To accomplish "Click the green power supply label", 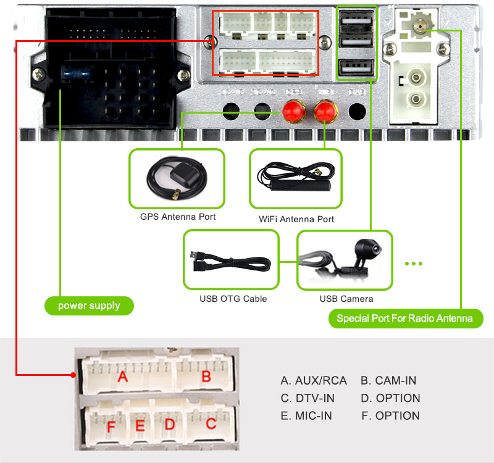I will [x=89, y=306].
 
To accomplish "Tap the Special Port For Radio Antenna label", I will [x=404, y=319].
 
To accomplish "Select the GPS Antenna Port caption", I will [x=177, y=217].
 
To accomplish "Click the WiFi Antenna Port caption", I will [x=296, y=219].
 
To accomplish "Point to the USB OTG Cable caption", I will [x=233, y=299].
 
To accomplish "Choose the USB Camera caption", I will [x=346, y=299].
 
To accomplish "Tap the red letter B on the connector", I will [x=206, y=375].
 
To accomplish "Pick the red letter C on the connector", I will [x=211, y=423].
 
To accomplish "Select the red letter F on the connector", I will [x=111, y=426].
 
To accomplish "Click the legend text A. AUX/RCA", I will [x=313, y=380].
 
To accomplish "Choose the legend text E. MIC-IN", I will [x=306, y=415].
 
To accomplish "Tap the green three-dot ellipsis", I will [x=414, y=264].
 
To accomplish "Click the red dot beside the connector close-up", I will [x=73, y=374].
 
